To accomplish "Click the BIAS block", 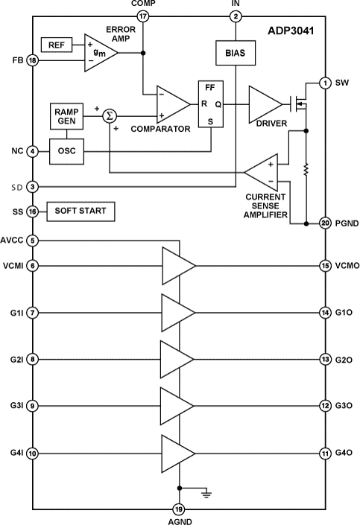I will [x=236, y=54].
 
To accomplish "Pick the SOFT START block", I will [x=80, y=211].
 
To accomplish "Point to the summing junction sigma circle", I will [x=109, y=116].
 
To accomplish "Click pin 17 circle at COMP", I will [x=143, y=16].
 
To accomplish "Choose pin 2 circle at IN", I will [x=236, y=16].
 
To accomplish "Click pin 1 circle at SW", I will [x=325, y=83].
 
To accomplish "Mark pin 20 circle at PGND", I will [x=325, y=223].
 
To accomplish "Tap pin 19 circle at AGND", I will [x=179, y=509].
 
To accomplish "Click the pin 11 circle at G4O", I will [x=325, y=453].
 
